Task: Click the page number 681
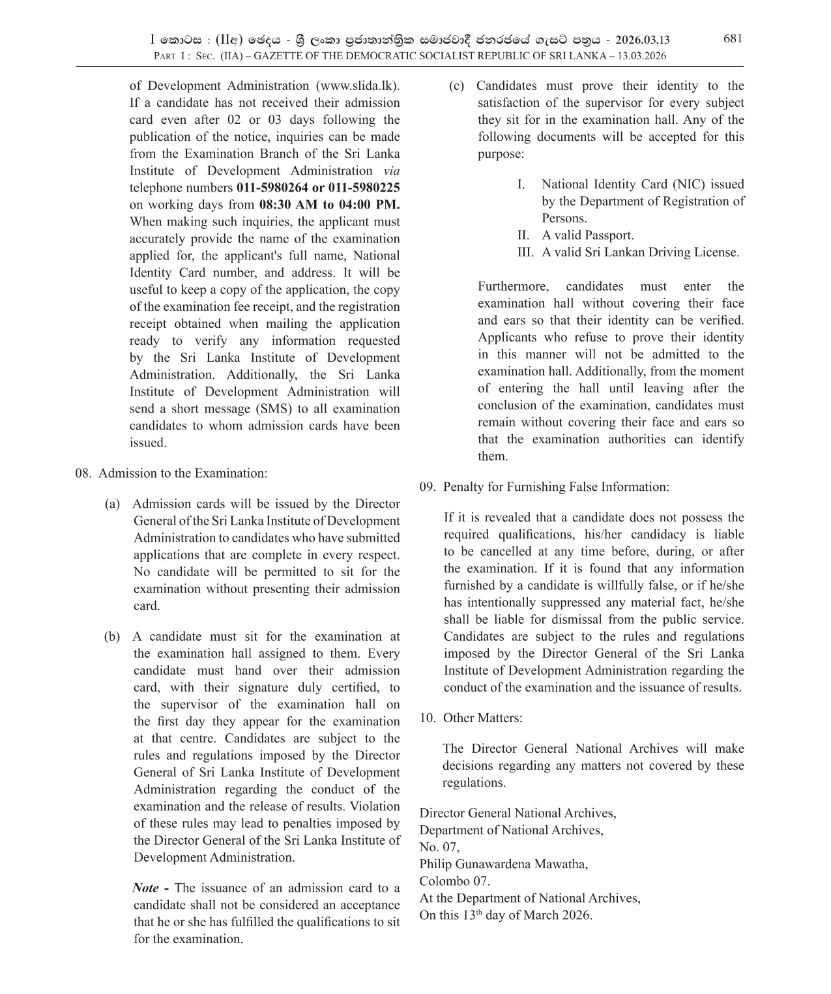tap(733, 38)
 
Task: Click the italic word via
tap(391, 171)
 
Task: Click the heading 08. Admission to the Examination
tap(171, 473)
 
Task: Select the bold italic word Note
tap(146, 888)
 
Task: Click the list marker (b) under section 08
tap(112, 636)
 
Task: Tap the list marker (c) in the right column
tap(457, 86)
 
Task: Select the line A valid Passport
tap(587, 235)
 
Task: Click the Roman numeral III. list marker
tap(525, 252)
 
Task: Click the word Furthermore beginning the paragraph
tap(514, 286)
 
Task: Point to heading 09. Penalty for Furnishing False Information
tap(544, 487)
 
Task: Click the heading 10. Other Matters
tap(471, 718)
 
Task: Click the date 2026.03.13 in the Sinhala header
tap(642, 40)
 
